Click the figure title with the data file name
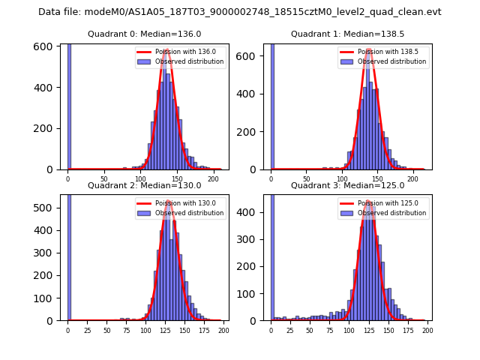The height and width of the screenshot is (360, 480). coord(240,12)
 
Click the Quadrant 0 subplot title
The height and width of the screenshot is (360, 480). coord(144,34)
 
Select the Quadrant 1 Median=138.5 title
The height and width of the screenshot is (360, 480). coord(347,34)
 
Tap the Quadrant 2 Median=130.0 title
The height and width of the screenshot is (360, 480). coord(144,185)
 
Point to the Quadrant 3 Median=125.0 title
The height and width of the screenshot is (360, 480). coord(347,185)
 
